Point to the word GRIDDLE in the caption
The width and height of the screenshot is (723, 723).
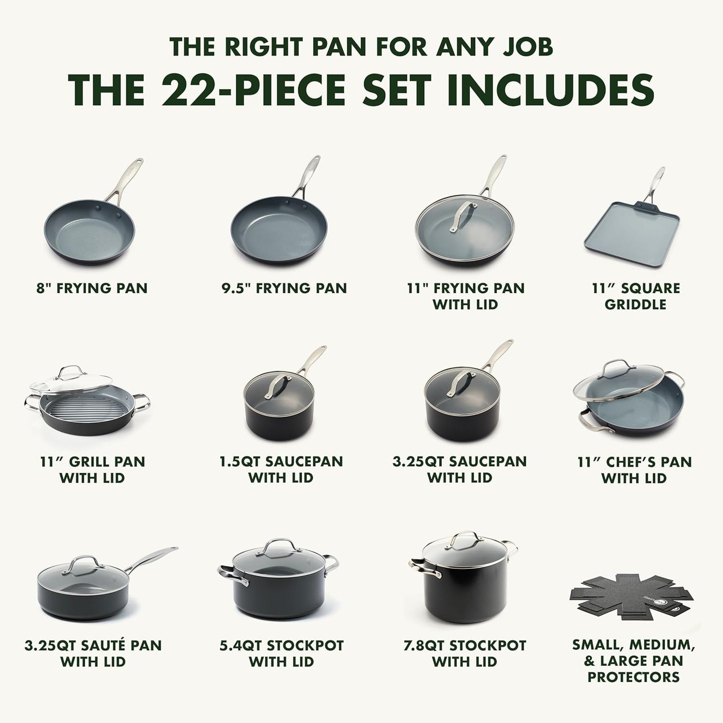pyautogui.click(x=635, y=304)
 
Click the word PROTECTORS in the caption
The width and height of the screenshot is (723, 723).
pyautogui.click(x=633, y=677)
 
